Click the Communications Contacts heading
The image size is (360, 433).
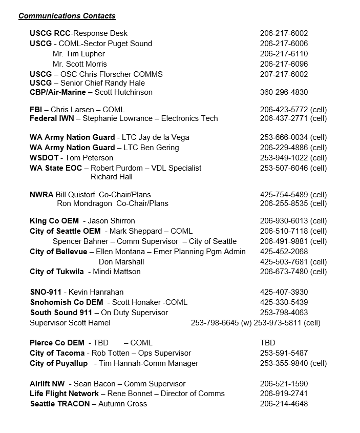(67, 16)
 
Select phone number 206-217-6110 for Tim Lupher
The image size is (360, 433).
(284, 54)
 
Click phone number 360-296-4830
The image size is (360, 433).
(284, 92)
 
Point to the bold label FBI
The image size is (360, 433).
(36, 109)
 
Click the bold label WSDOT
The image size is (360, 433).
(44, 158)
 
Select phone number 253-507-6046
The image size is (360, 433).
(284, 168)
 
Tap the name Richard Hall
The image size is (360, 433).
(112, 177)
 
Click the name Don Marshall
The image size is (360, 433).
(121, 262)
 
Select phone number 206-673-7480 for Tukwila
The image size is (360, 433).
(284, 272)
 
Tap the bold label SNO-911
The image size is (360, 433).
(46, 292)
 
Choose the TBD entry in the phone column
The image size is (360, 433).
(267, 343)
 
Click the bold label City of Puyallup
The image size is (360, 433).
(59, 363)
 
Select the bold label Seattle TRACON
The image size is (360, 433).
(60, 404)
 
